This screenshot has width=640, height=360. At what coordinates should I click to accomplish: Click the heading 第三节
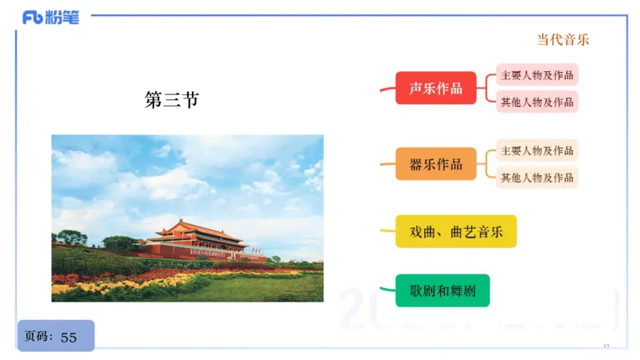pos(171,100)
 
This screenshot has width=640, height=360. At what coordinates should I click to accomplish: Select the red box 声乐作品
pos(435,88)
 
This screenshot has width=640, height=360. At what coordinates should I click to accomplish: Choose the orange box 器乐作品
pos(435,164)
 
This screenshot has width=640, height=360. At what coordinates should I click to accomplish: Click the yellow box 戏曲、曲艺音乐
pos(456,231)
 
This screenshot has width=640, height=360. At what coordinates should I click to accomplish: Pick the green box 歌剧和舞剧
pos(442,290)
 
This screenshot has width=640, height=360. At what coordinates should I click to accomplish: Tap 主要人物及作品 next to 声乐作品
pos(537,75)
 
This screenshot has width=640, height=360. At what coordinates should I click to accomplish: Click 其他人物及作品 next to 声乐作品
pos(537,102)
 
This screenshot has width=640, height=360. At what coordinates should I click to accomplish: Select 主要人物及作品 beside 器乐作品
pos(537,150)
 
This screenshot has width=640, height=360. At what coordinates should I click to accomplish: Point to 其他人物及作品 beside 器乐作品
pos(537,177)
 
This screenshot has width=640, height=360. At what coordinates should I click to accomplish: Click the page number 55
pos(69,337)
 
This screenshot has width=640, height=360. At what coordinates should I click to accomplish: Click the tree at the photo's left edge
pos(70,238)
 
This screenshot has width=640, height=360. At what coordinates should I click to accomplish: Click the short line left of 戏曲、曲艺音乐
pos(386,232)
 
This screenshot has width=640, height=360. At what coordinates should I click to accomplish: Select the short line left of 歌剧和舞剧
pos(386,290)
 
